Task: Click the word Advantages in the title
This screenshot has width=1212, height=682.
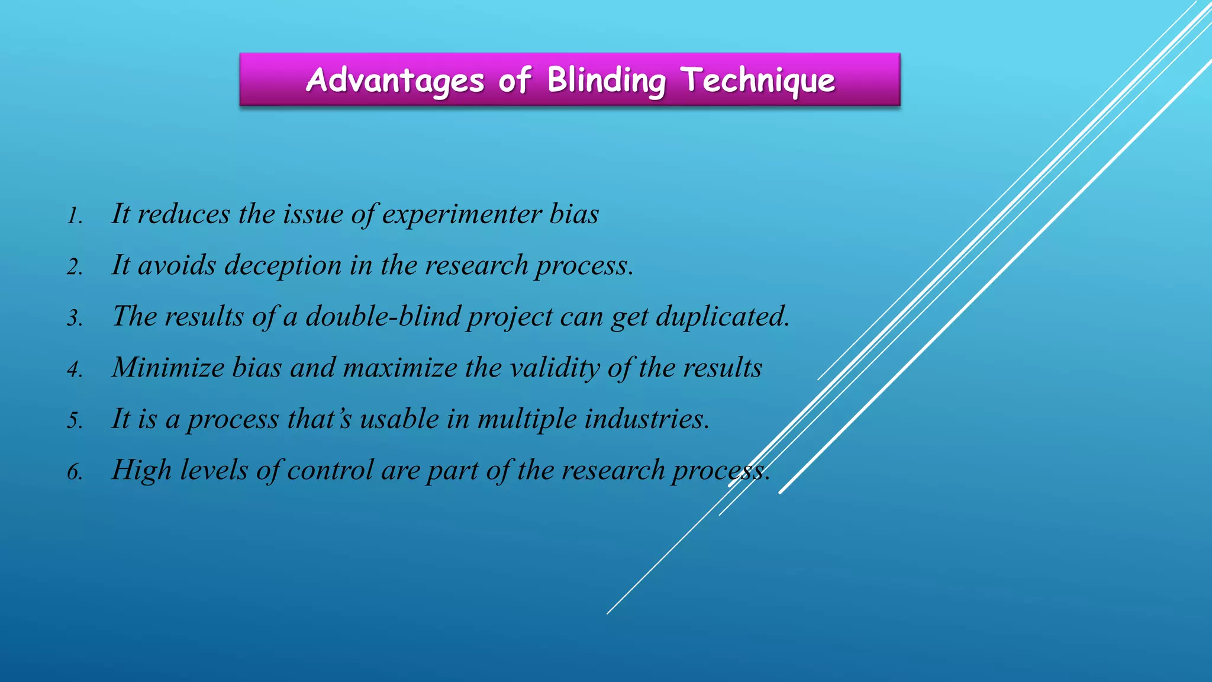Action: (395, 80)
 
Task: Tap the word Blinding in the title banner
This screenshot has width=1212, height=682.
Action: (606, 80)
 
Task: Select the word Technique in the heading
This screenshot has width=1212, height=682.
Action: (758, 80)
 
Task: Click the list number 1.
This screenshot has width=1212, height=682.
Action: (74, 216)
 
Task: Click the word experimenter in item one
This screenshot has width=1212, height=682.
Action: (462, 214)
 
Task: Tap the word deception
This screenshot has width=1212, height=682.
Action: (283, 266)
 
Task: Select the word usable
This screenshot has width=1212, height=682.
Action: (399, 419)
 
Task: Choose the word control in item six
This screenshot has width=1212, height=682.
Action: (330, 471)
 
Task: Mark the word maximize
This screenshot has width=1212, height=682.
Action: (400, 368)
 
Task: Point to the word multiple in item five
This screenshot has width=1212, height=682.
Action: (527, 419)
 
